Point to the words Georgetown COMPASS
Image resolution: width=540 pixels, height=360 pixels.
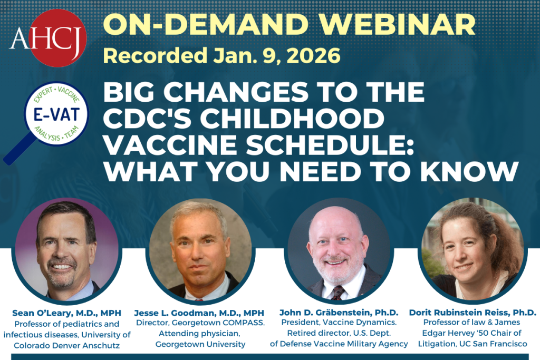(x=216, y=324)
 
